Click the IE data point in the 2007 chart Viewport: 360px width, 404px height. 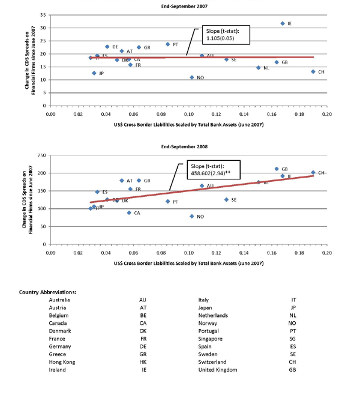click(x=283, y=23)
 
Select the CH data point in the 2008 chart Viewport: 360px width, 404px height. click(x=313, y=172)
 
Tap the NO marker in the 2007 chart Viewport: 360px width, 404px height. click(x=192, y=77)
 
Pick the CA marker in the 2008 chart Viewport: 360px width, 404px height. click(x=129, y=213)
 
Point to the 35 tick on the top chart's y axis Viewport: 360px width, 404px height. click(x=43, y=14)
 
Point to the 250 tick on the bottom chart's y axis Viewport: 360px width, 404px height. click(x=41, y=155)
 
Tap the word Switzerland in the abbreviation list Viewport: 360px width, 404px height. click(x=213, y=362)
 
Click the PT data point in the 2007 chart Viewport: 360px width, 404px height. click(x=168, y=44)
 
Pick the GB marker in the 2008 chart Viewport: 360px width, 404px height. click(x=277, y=169)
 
